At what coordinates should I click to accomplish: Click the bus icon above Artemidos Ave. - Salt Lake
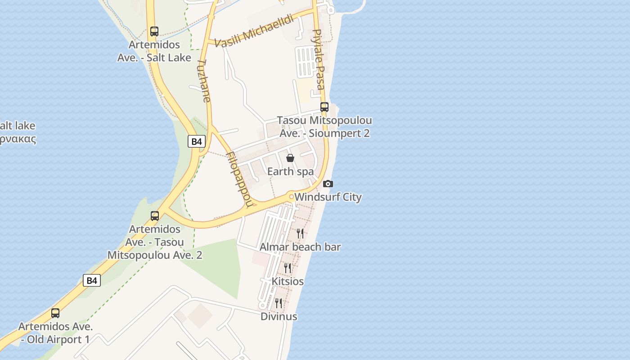[x=154, y=31]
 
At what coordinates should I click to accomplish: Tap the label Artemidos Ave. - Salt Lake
[x=154, y=51]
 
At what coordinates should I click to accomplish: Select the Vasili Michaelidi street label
[x=254, y=31]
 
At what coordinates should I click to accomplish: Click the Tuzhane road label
[x=204, y=81]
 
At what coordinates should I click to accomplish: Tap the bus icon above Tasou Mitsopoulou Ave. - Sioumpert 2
[x=324, y=107]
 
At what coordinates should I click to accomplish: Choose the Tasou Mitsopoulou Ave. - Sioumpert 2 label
[x=324, y=127]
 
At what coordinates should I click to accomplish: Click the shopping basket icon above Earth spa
[x=290, y=158]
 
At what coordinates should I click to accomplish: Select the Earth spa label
[x=290, y=171]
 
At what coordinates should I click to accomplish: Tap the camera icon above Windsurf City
[x=328, y=184]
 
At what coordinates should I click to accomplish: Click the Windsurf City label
[x=328, y=197]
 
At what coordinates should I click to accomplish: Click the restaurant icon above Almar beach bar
[x=300, y=233]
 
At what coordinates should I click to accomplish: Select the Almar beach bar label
[x=300, y=247]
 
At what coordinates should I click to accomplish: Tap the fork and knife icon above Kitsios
[x=288, y=268]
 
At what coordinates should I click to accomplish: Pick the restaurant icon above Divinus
[x=279, y=303]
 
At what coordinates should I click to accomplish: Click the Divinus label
[x=279, y=316]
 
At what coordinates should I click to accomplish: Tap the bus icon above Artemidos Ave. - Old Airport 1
[x=55, y=313]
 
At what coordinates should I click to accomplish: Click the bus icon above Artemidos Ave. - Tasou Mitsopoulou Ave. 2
[x=155, y=216]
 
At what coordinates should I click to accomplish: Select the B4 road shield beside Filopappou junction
[x=197, y=141]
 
